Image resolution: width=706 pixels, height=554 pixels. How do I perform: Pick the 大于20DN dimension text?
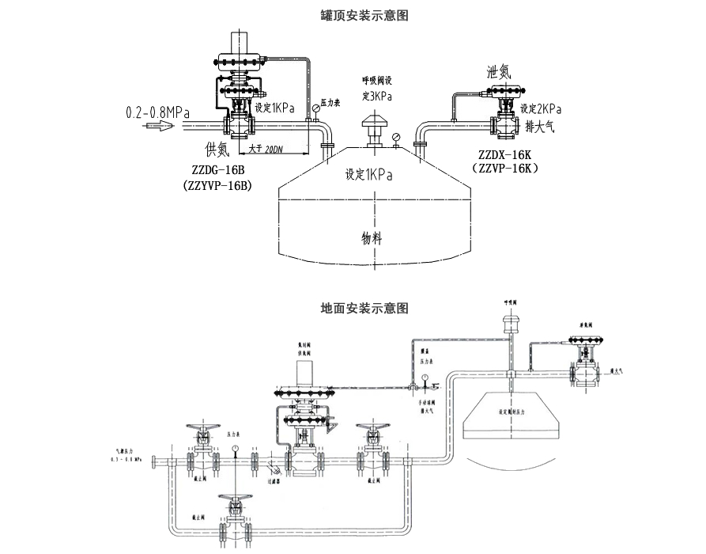coord(266,148)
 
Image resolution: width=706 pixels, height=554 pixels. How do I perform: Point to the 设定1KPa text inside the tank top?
coord(368,175)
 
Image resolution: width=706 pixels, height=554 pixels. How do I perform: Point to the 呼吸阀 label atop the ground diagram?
coord(511,302)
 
